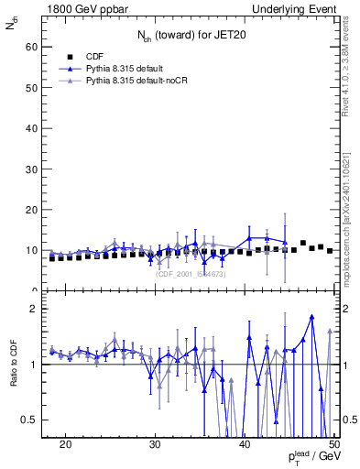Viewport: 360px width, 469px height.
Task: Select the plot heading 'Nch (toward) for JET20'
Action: coord(191,36)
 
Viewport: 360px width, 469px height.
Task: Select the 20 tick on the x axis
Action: coord(65,444)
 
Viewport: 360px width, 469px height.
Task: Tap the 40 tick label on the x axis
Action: coord(245,444)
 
